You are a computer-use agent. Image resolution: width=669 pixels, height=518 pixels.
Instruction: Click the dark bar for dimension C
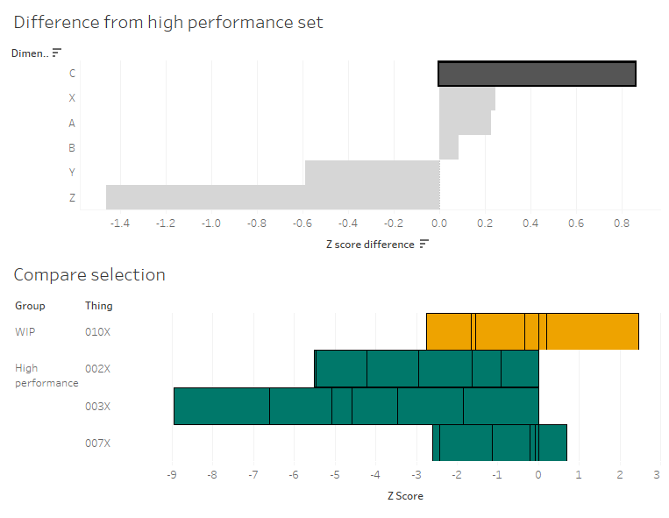click(537, 74)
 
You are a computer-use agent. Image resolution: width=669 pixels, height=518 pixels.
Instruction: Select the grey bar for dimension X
click(467, 98)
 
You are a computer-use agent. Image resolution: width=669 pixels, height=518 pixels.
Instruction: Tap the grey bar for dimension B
click(449, 147)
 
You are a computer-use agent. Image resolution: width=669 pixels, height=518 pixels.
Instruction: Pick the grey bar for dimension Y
click(372, 173)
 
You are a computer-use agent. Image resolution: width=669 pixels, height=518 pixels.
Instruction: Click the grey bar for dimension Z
click(273, 197)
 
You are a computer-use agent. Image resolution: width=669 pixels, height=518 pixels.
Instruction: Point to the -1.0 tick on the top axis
click(210, 224)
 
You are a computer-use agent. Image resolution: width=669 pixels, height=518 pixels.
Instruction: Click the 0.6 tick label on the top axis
click(576, 224)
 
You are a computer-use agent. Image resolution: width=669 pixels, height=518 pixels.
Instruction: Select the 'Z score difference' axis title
click(370, 245)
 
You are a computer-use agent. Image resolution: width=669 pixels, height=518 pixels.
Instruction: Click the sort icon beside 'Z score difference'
click(424, 244)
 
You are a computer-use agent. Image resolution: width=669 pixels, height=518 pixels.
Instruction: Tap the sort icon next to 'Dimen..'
click(57, 53)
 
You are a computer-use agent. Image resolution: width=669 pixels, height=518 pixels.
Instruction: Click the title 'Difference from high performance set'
click(168, 22)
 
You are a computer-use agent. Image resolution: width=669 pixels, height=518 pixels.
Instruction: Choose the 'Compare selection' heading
click(89, 274)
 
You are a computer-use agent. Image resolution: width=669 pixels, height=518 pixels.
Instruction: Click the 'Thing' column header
click(98, 306)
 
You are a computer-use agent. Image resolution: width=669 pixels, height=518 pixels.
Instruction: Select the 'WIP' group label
click(25, 331)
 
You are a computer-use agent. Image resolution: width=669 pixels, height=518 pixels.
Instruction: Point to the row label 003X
click(97, 407)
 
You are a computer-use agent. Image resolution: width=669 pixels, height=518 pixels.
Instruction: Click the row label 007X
click(97, 443)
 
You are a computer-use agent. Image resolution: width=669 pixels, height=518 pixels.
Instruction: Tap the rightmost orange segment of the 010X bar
click(593, 331)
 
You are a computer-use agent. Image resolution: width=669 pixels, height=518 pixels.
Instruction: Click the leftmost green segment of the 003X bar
click(222, 407)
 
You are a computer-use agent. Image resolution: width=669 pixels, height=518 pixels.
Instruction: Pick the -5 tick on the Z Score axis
click(335, 475)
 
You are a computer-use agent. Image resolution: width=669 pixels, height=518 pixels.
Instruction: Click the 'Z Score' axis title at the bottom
click(405, 496)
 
